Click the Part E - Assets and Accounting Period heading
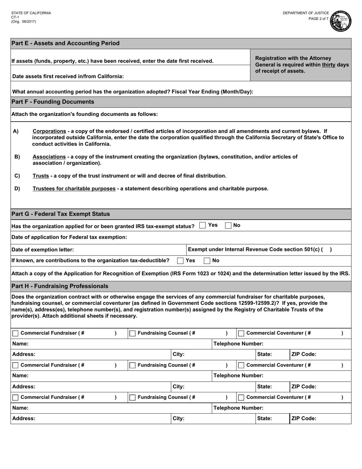(x=65, y=43)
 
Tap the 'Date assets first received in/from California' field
(x=183, y=76)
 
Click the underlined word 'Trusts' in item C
(x=41, y=176)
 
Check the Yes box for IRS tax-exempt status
(x=203, y=226)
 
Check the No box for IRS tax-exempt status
(x=228, y=226)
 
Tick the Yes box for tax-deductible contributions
(x=180, y=261)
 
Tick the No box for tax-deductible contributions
(x=207, y=261)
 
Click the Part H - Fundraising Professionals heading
(x=60, y=286)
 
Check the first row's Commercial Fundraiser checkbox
(x=15, y=334)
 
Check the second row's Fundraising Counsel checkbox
(x=132, y=365)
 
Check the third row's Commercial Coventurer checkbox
(x=241, y=398)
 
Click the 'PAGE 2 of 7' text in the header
(x=318, y=19)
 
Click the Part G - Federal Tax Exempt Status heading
(x=61, y=214)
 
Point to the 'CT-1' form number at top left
(x=15, y=17)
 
